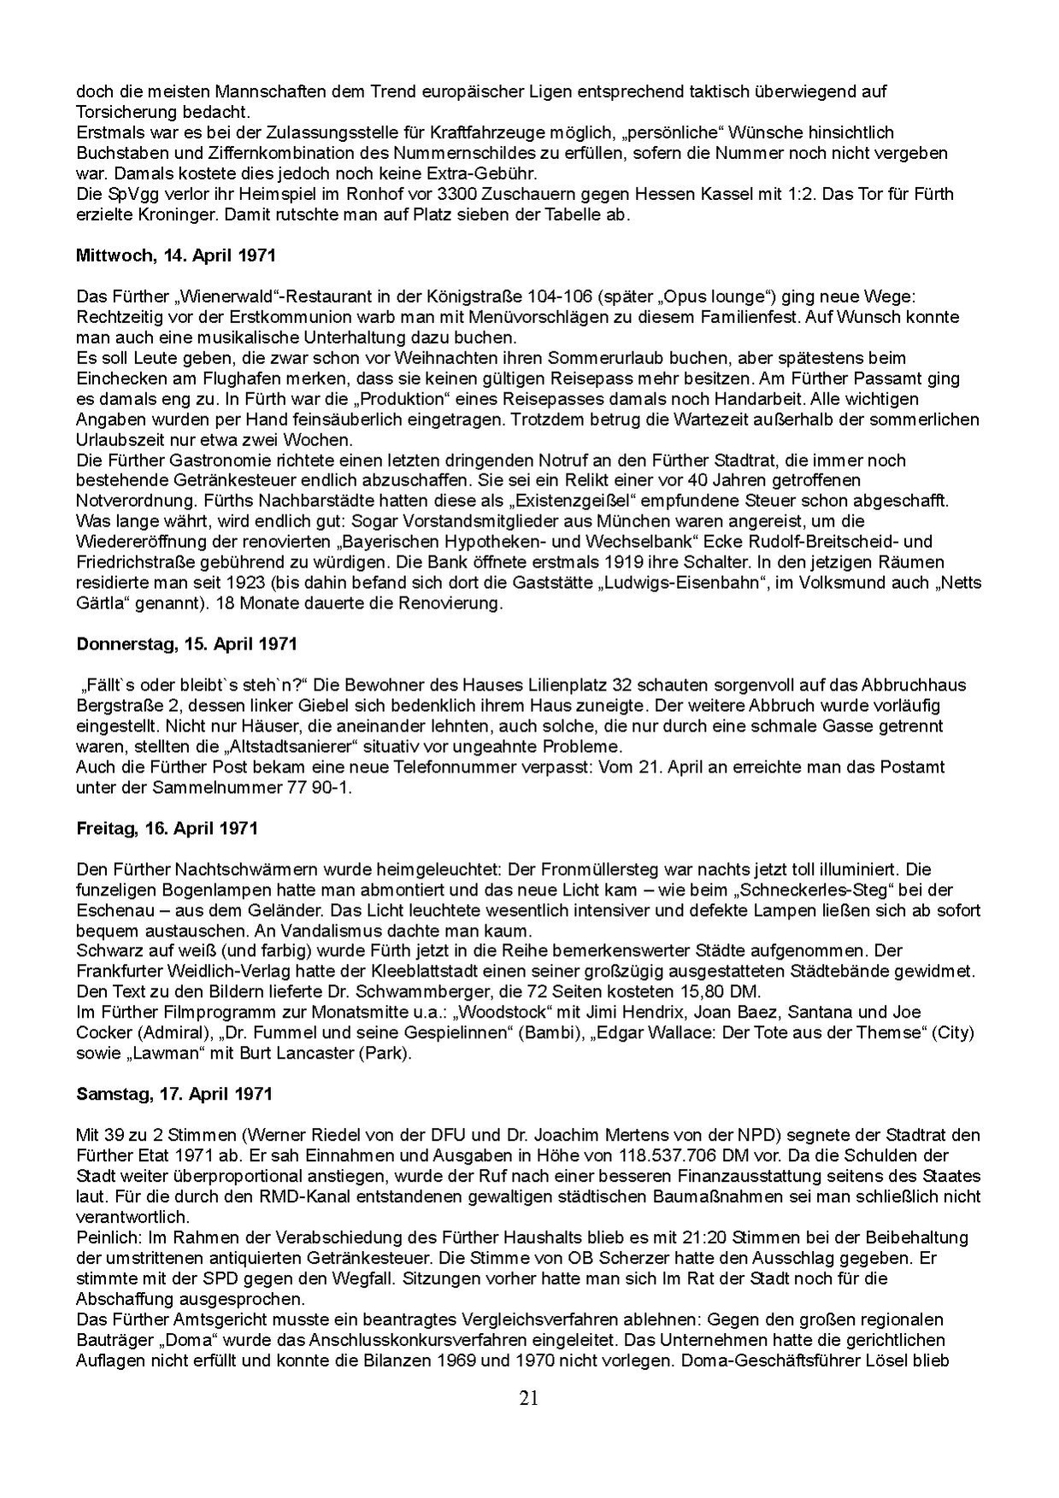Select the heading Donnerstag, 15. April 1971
click(186, 643)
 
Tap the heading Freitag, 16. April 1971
click(167, 829)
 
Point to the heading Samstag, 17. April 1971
click(174, 1094)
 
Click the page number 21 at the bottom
click(529, 1399)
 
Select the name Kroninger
click(162, 214)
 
